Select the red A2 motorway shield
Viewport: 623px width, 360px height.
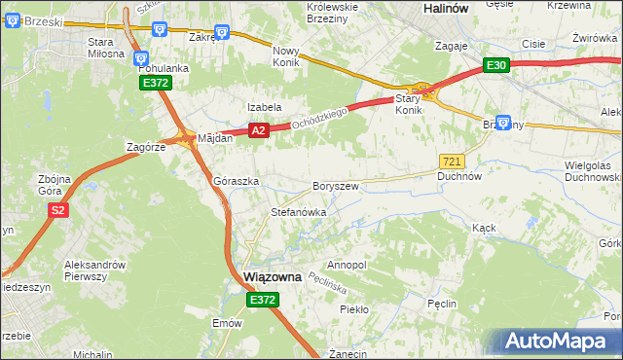coord(257,129)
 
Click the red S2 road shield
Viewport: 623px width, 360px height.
coord(58,210)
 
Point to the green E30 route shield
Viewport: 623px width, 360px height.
coord(496,65)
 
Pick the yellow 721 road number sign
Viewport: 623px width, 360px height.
coord(452,160)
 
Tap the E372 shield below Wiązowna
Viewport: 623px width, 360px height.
coord(263,302)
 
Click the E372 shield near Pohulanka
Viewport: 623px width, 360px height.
coord(156,84)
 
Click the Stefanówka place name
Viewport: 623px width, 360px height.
coord(298,211)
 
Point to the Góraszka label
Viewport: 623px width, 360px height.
coord(235,182)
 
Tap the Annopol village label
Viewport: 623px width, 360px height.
coord(347,265)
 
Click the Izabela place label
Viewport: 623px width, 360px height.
coord(264,107)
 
